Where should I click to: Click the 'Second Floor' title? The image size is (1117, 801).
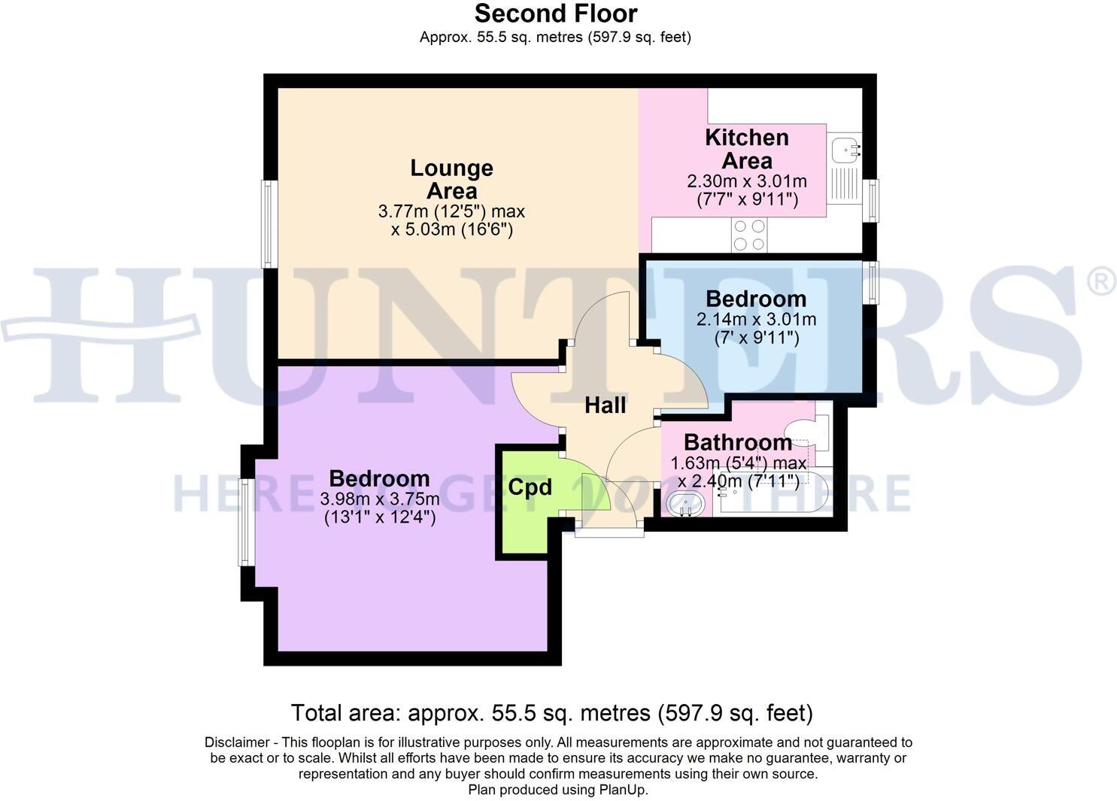pyautogui.click(x=555, y=14)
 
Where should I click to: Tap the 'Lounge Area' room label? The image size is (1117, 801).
pyautogui.click(x=451, y=179)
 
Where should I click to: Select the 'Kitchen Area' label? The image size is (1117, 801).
pyautogui.click(x=746, y=149)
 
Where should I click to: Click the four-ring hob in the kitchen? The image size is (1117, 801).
pyautogui.click(x=748, y=235)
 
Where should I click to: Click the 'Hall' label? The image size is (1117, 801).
pyautogui.click(x=605, y=406)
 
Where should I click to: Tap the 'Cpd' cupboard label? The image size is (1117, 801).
pyautogui.click(x=530, y=487)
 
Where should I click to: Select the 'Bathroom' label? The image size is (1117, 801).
pyautogui.click(x=737, y=442)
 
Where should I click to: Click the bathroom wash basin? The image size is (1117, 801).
pyautogui.click(x=684, y=504)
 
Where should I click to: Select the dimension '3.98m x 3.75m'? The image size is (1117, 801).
pyautogui.click(x=380, y=499)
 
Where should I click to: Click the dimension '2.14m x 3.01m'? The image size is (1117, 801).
pyautogui.click(x=756, y=319)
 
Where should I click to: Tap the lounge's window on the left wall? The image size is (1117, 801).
pyautogui.click(x=267, y=223)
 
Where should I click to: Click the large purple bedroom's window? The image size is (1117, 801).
pyautogui.click(x=245, y=522)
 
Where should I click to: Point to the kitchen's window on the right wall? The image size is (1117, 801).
pyautogui.click(x=871, y=200)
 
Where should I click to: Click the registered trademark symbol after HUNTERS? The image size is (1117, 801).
pyautogui.click(x=1100, y=282)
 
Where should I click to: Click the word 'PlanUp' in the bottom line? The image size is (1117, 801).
pyautogui.click(x=621, y=790)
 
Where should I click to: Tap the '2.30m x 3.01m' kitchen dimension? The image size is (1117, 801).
pyautogui.click(x=746, y=182)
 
